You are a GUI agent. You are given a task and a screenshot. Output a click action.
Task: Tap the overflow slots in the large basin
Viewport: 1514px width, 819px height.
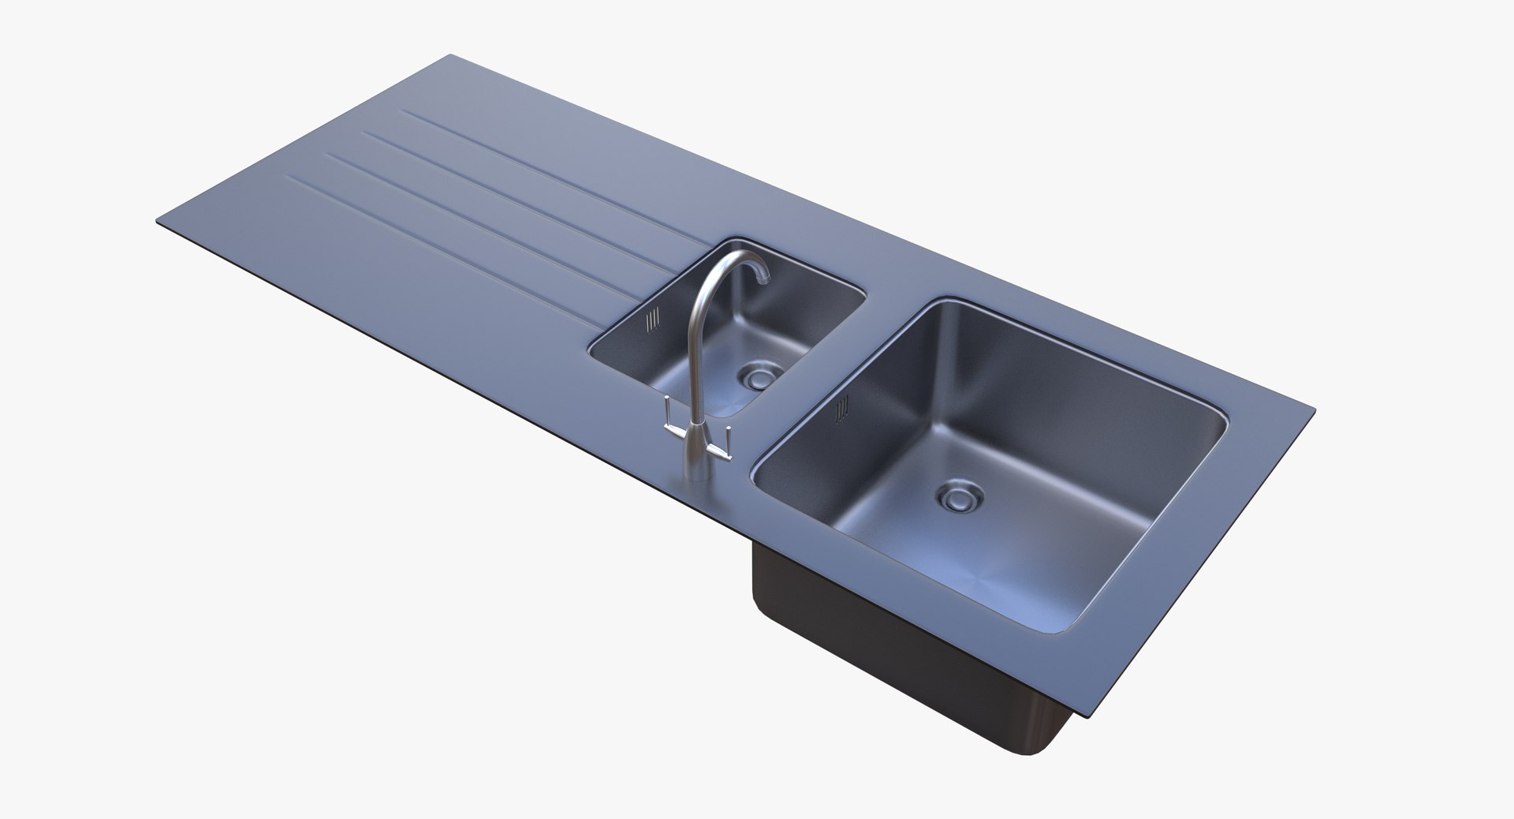tap(843, 407)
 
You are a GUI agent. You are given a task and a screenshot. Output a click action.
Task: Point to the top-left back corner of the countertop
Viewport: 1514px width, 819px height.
tap(451, 56)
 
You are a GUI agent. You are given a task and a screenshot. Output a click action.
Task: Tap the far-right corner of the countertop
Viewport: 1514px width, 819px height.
tap(1314, 409)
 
